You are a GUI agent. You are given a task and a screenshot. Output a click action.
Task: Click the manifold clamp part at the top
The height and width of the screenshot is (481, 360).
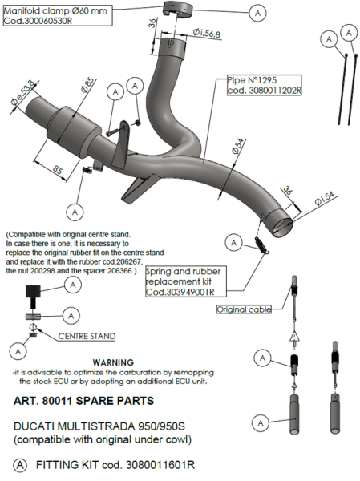click(x=177, y=9)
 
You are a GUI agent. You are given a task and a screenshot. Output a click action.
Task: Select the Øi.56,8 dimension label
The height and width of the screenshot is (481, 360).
click(x=207, y=33)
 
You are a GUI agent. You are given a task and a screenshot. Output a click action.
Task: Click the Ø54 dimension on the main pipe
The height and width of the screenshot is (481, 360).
click(x=239, y=146)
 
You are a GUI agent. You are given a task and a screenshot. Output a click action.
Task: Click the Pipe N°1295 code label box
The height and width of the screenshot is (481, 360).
click(x=265, y=85)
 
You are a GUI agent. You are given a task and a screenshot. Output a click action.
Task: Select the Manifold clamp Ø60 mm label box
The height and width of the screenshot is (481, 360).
click(x=58, y=16)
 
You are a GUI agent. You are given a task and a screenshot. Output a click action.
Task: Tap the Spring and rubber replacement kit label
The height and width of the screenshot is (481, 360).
click(x=186, y=281)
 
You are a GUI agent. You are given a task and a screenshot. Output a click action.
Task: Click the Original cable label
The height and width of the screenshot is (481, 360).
click(x=244, y=309)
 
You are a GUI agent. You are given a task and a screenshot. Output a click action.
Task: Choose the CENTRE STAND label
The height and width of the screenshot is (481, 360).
click(x=87, y=336)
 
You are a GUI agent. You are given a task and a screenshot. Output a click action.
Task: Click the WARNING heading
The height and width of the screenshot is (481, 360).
click(x=113, y=362)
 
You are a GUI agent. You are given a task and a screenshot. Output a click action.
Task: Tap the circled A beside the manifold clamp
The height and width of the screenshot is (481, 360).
click(x=257, y=13)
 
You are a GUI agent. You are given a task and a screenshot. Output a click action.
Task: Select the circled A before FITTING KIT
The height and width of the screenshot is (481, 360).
click(x=20, y=465)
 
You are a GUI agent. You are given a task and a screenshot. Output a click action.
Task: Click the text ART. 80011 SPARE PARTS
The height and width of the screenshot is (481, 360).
click(x=83, y=401)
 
